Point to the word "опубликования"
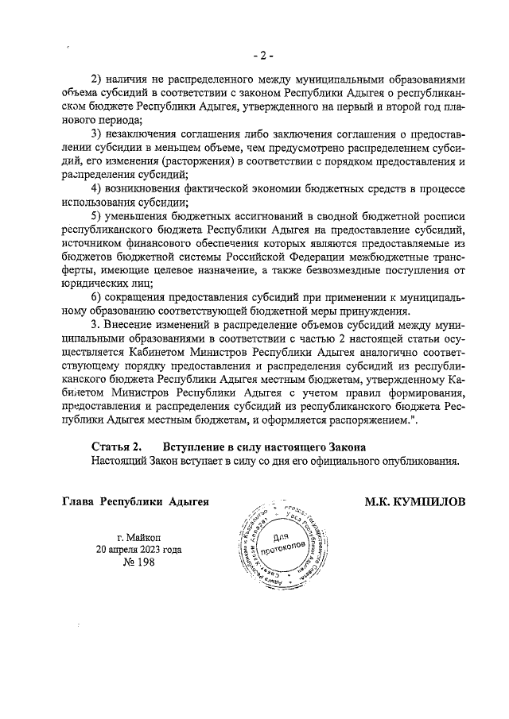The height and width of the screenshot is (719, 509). point(420,460)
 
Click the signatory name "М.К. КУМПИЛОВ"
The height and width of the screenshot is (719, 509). point(415,501)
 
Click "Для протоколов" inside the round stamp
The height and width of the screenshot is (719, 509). point(278,542)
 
